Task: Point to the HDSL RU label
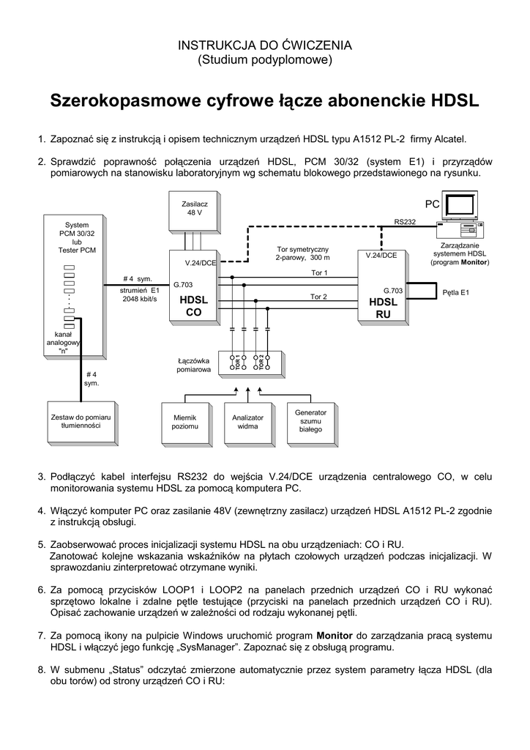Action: tap(383, 308)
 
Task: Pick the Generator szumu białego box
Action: tap(310, 421)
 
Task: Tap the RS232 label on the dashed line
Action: tap(404, 221)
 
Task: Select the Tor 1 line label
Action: tap(318, 272)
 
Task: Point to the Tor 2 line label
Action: tap(318, 297)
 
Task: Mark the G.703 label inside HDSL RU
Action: tap(383, 290)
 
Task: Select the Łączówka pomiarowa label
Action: tap(194, 366)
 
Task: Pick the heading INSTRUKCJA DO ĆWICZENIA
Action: tap(265, 45)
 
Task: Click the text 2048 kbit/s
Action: tap(140, 299)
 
